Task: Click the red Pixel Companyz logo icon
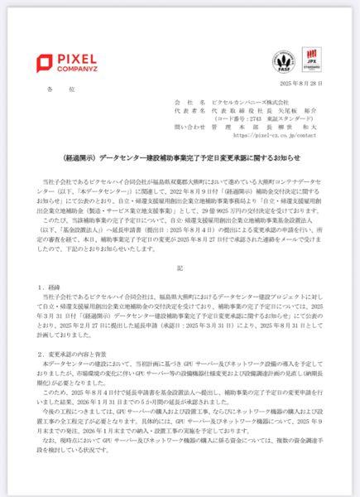pyautogui.click(x=43, y=61)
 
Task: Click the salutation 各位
pyautogui.click(x=54, y=86)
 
